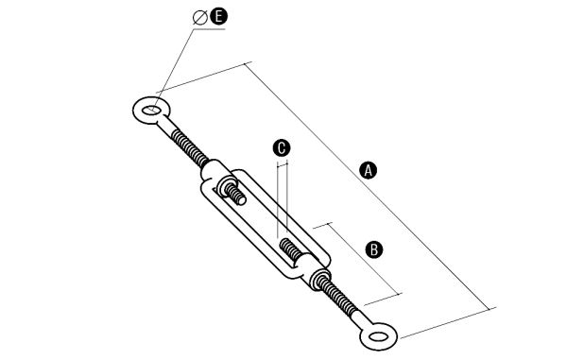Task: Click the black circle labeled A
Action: pos(369,170)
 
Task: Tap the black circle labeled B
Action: pos(374,249)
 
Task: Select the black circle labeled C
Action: pos(282,148)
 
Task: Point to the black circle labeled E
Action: pos(219,17)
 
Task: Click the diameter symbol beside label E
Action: pos(200,18)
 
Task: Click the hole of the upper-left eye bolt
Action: pos(149,110)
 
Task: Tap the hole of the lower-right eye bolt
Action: pos(378,337)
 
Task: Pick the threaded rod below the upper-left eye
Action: pos(190,147)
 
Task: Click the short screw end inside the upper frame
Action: pos(235,194)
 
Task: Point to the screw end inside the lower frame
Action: pos(291,249)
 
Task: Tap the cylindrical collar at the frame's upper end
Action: pos(215,171)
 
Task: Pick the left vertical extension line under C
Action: pos(277,200)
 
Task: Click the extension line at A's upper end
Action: pos(204,77)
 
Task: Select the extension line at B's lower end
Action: pos(383,300)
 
